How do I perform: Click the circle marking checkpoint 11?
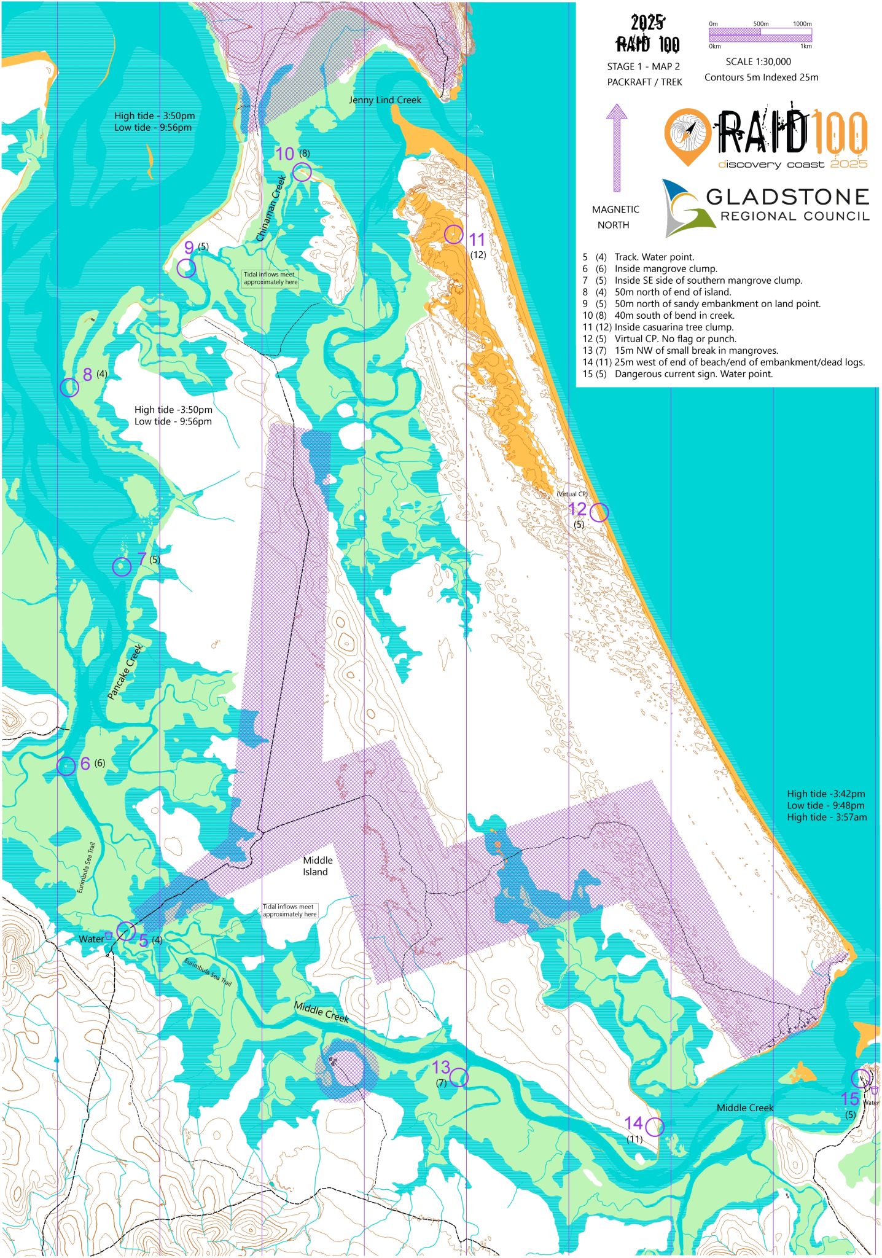(453, 234)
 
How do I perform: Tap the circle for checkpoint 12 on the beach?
(599, 512)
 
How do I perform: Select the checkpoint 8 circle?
(69, 388)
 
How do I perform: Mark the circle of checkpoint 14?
(655, 1127)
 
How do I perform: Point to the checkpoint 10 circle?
(302, 172)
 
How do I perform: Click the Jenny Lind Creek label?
(384, 100)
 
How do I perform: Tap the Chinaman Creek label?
(271, 208)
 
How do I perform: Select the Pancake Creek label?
(125, 671)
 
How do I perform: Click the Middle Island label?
(317, 866)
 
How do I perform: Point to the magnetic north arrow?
(616, 147)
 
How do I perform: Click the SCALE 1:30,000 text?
(758, 61)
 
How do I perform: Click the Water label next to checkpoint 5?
(91, 939)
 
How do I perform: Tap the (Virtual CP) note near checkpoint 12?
(572, 494)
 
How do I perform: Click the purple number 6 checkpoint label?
(85, 764)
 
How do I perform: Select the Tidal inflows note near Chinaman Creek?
(270, 278)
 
